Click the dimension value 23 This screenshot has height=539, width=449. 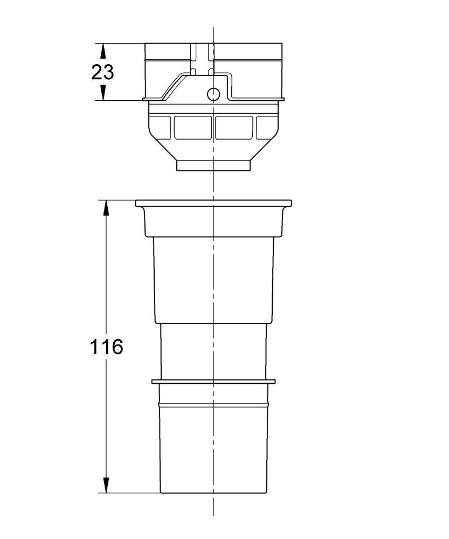click(102, 72)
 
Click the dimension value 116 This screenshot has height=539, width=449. click(106, 347)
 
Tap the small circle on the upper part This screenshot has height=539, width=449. click(213, 94)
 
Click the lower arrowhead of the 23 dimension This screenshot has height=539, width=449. click(102, 93)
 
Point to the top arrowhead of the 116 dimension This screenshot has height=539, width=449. click(106, 208)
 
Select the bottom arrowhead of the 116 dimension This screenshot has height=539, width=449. click(106, 485)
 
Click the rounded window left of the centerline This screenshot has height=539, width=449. click(193, 128)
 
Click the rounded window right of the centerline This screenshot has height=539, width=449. click(234, 128)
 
